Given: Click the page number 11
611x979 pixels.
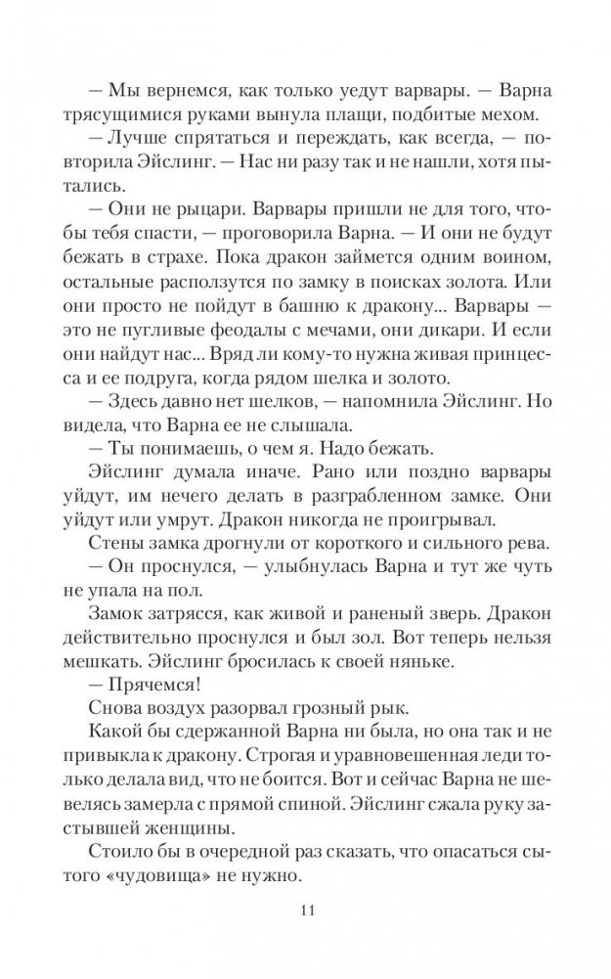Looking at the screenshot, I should pos(305,912).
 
